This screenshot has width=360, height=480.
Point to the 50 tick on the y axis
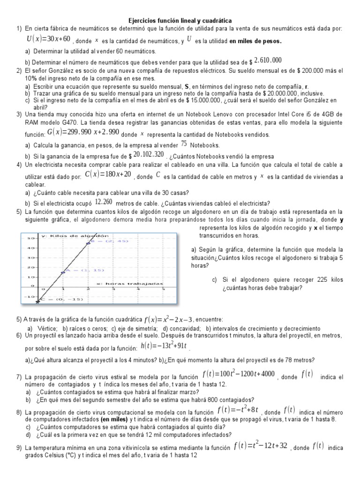pos(29,238)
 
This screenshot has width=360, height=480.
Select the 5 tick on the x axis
pos(163,290)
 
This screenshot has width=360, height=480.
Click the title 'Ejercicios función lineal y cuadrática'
pos(180,21)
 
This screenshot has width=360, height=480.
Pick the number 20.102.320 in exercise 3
pos(149,154)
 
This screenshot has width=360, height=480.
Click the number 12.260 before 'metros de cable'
pos(104,202)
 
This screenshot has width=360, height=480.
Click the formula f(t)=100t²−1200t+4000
pos(239,374)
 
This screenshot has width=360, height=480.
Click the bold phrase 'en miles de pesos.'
pos(256,41)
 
